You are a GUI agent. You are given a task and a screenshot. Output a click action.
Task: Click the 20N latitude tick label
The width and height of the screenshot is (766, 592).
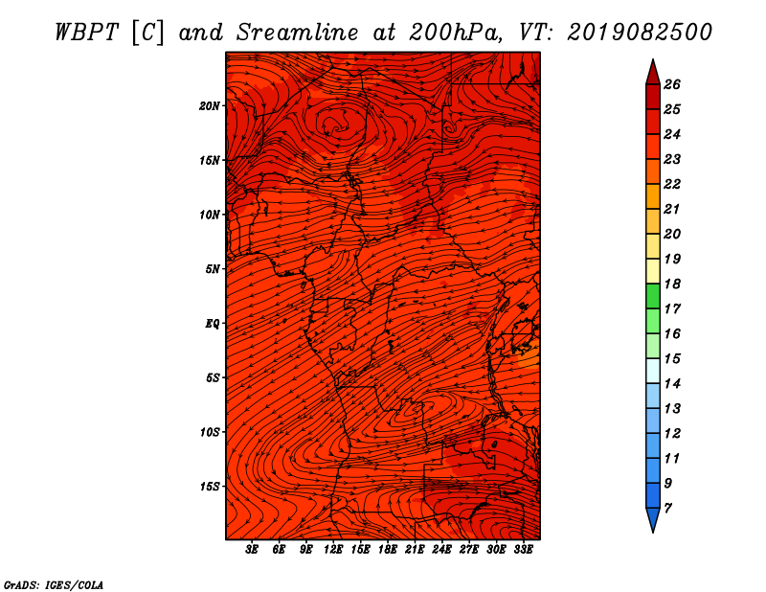point(210,106)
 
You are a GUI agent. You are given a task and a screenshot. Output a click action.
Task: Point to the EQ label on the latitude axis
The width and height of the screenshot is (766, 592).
point(213,324)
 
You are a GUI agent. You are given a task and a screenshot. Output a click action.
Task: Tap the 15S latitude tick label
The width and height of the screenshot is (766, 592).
point(210,487)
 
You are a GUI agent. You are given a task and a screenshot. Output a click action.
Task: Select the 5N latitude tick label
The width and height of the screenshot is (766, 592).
point(213,269)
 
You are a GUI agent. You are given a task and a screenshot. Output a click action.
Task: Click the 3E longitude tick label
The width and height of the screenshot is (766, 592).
point(252,550)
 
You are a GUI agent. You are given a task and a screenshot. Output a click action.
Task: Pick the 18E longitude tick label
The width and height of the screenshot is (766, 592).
point(388,550)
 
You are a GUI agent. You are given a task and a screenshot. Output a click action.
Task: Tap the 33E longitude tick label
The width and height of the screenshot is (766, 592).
point(523,550)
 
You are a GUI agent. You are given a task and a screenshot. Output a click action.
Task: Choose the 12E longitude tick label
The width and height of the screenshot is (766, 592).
point(333,550)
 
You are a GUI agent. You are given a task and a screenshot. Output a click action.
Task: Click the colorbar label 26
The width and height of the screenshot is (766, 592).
point(672,84)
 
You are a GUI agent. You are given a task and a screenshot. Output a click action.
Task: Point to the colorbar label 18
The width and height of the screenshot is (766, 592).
point(672,284)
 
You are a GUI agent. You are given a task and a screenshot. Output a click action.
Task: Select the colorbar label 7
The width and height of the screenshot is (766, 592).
point(667,509)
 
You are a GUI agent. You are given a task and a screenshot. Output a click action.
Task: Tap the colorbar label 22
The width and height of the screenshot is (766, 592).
point(672,184)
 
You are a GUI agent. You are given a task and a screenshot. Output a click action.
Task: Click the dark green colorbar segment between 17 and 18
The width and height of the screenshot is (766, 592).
point(653,296)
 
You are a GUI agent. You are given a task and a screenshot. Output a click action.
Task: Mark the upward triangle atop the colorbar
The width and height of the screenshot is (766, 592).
point(653,74)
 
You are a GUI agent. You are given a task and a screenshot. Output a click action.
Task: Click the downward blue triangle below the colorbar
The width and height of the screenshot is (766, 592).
point(653,519)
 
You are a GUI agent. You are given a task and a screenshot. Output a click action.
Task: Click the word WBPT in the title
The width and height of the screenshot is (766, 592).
point(87,33)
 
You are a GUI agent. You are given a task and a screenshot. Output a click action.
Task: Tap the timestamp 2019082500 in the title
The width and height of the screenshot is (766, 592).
point(640,33)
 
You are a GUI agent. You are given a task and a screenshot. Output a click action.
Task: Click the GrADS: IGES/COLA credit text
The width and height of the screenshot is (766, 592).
point(54,585)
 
